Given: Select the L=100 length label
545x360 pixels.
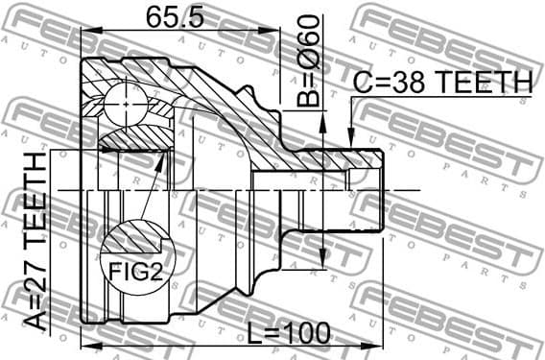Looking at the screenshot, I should [x=287, y=333].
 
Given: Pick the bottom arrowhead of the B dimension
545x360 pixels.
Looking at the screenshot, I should [x=323, y=263].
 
